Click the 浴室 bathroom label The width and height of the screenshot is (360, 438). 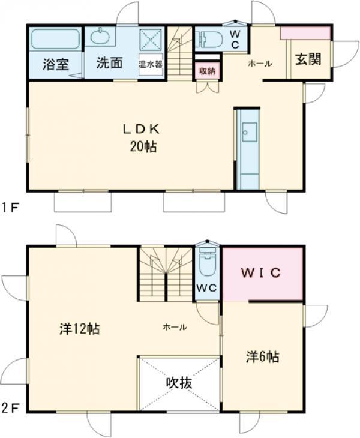tap(56, 64)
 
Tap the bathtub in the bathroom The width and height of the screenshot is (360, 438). tap(56, 39)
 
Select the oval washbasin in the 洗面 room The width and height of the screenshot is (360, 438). tap(101, 37)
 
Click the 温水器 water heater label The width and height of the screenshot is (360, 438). tap(151, 65)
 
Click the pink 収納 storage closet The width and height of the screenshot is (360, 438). tap(207, 71)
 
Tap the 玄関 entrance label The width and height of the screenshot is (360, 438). tap(308, 59)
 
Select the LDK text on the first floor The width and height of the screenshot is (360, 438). tap(142, 129)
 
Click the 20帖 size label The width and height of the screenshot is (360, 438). tap(143, 146)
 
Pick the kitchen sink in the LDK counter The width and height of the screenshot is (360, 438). tap(249, 132)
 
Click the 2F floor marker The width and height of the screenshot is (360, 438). tap(10, 408)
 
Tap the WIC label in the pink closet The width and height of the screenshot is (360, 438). tap(261, 273)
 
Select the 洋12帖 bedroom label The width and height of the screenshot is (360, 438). tap(80, 329)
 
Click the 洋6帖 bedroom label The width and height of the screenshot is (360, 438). tap(263, 357)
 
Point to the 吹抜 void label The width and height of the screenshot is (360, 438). tap(179, 383)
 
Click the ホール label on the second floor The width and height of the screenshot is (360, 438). tap(175, 327)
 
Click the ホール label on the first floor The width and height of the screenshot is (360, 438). tap(260, 64)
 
